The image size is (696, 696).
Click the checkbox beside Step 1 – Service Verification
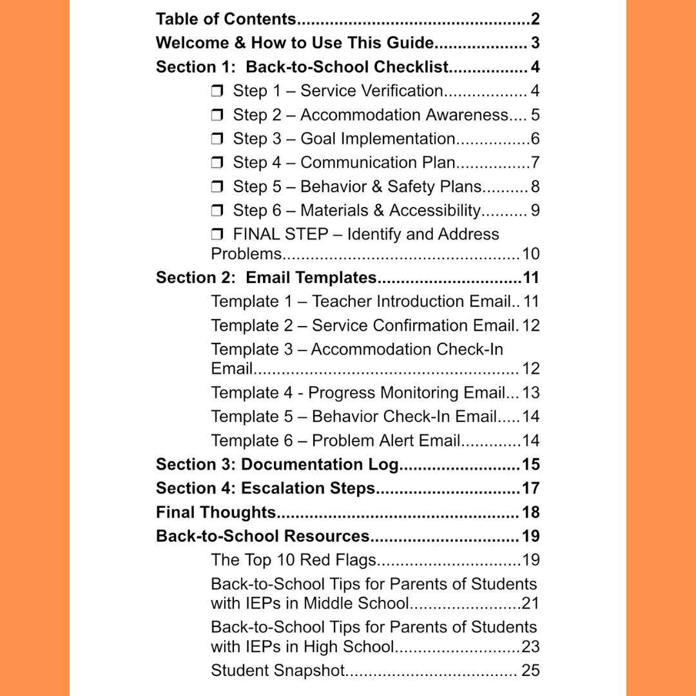(x=217, y=92)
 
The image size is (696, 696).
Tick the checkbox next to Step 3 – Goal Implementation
(x=217, y=139)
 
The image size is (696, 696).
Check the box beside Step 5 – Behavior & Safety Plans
(x=217, y=188)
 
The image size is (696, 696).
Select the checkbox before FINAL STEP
(x=217, y=235)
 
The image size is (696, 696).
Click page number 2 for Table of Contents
(x=535, y=19)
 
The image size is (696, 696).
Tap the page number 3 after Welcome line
(x=535, y=43)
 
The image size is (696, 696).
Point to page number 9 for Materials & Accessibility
(x=535, y=211)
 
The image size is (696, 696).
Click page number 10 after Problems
(x=530, y=254)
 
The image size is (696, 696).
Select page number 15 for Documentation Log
(x=530, y=465)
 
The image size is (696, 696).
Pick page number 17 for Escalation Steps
(x=530, y=488)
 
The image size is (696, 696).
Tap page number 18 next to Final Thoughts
(x=530, y=513)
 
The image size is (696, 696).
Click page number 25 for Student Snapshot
(x=530, y=670)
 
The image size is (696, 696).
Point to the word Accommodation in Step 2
(x=351, y=115)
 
